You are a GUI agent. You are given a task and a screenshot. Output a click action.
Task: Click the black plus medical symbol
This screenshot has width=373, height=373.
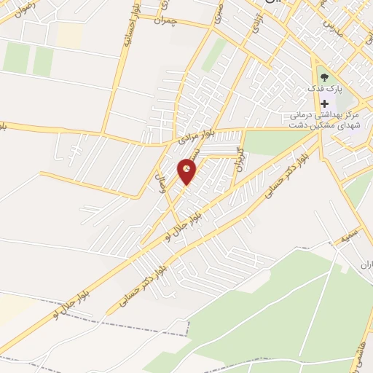[324, 104]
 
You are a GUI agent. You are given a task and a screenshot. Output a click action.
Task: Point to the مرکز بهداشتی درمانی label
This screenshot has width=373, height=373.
[321, 115]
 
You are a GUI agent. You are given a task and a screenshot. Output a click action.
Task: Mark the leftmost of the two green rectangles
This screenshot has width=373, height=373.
[15, 58]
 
